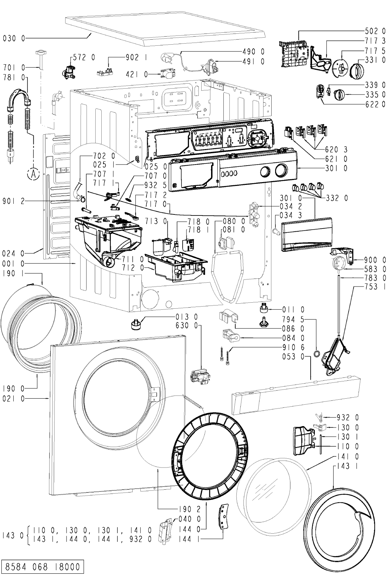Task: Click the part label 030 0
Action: [14, 39]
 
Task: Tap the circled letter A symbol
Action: [33, 174]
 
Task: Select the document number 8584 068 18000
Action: [43, 567]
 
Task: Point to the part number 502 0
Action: [375, 31]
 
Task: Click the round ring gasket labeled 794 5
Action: [317, 354]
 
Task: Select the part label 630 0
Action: [186, 326]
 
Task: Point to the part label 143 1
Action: [348, 466]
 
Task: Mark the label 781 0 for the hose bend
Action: [14, 77]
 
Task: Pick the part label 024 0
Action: [13, 253]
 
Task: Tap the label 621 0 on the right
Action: [336, 159]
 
